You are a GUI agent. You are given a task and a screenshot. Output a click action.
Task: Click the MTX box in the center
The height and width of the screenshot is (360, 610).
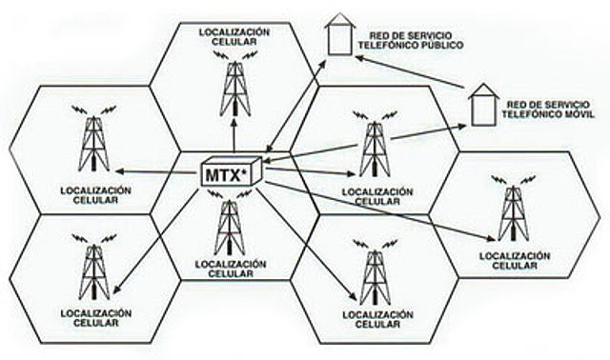(230, 174)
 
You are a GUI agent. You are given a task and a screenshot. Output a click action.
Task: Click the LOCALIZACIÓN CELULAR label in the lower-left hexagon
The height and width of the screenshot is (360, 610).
(94, 316)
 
